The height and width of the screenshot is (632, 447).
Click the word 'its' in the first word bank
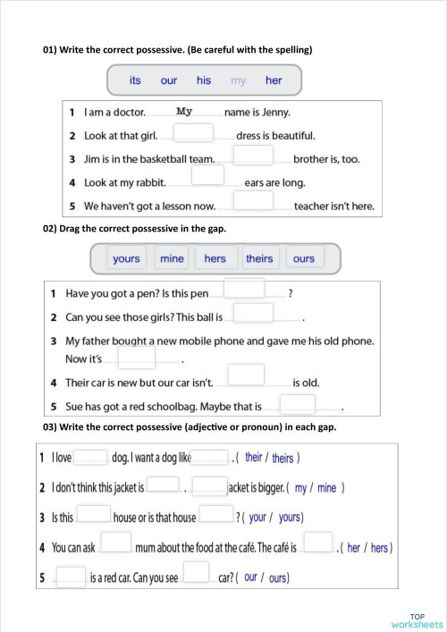pos(135,80)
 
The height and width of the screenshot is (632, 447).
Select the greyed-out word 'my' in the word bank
pos(238,80)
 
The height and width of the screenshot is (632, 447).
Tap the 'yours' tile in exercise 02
pos(126,258)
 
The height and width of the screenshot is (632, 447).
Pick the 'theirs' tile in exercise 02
pos(259,258)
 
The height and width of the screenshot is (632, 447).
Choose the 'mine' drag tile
pos(172,258)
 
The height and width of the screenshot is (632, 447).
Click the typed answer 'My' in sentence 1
pos(185,112)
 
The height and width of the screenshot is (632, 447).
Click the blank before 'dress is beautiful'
pos(193,133)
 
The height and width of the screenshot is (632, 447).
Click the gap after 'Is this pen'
pos(244,289)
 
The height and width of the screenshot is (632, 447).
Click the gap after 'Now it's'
pos(137,357)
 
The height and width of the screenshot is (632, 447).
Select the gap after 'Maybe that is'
pos(298,404)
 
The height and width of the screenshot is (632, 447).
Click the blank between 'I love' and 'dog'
pos(90,458)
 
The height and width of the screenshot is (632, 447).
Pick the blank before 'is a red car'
pos(71,577)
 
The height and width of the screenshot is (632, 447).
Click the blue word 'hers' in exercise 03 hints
pos(379,548)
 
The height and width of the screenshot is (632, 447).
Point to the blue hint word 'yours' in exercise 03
pos(289,518)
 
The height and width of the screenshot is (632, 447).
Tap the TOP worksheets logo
pos(417,619)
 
